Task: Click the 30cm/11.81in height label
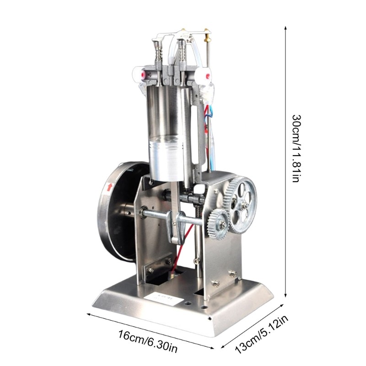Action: (x=296, y=148)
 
